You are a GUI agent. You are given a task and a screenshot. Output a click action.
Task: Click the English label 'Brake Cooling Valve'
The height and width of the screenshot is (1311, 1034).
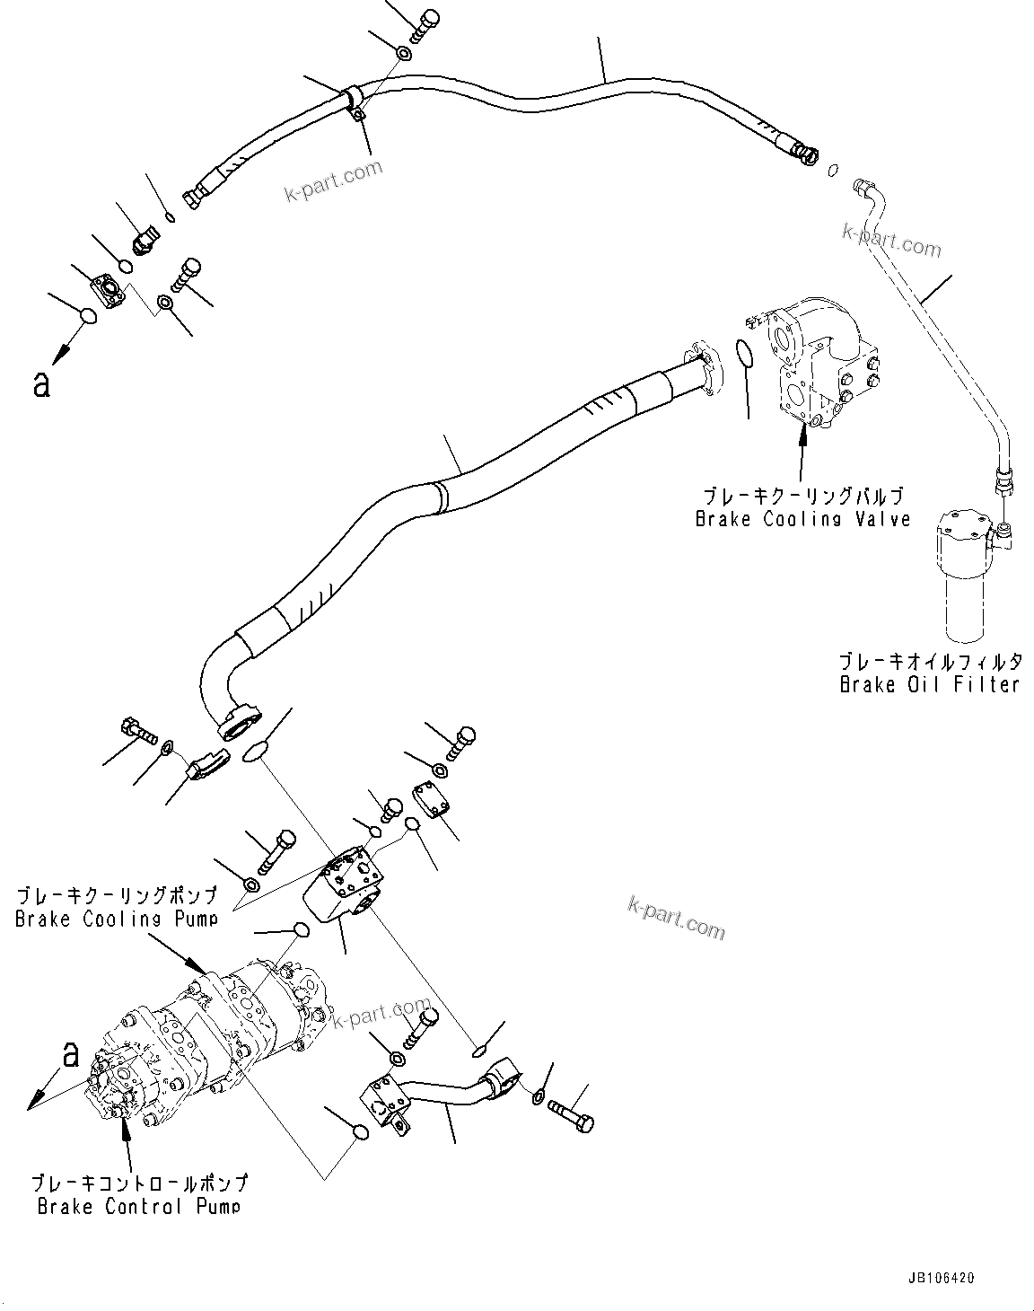(802, 518)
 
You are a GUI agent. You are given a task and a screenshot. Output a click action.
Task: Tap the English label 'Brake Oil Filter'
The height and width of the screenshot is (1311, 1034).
(929, 684)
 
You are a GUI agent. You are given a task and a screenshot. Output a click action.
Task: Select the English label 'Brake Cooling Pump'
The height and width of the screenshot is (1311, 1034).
(116, 919)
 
